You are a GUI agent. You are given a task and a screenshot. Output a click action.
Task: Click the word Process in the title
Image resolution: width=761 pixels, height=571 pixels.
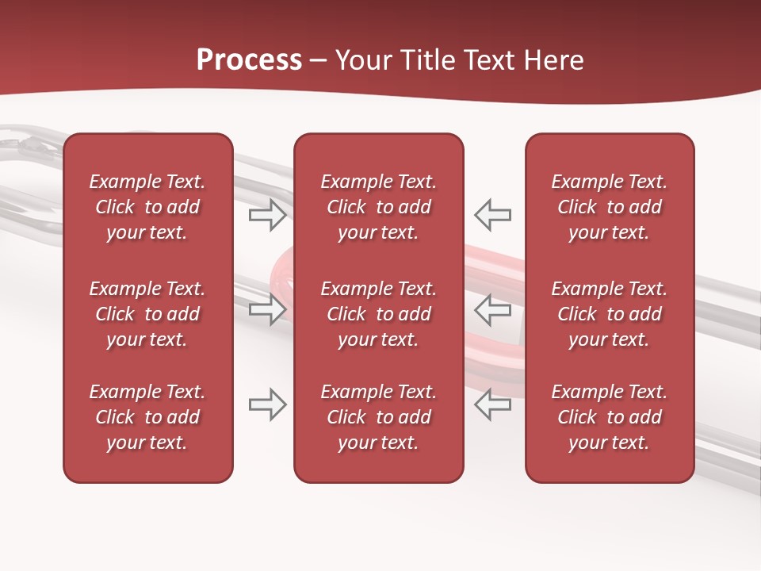tap(249, 60)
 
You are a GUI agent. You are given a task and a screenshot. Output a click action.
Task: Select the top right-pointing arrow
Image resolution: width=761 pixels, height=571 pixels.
tap(268, 215)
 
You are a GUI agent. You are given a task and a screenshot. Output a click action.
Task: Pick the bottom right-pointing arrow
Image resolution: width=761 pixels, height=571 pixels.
tap(268, 404)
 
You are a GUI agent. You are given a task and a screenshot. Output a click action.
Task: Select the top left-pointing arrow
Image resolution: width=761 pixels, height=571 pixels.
tap(493, 215)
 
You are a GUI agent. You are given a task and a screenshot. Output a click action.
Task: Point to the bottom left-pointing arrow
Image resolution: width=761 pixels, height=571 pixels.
tap(493, 404)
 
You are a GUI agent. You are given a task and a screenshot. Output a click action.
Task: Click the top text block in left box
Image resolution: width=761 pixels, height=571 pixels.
tap(147, 207)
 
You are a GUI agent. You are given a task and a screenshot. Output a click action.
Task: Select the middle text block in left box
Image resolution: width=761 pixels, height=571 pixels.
tap(147, 314)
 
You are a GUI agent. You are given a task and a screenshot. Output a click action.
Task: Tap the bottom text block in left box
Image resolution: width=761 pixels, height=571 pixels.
tap(147, 417)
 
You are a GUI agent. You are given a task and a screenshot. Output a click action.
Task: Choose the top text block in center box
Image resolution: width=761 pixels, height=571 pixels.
tap(379, 207)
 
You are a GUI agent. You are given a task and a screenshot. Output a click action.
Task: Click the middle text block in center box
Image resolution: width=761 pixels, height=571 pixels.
tap(379, 314)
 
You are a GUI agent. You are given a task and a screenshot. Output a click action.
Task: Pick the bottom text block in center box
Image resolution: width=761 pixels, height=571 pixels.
tap(379, 417)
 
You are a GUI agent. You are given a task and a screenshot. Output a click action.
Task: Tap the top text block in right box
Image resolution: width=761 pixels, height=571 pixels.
tap(610, 207)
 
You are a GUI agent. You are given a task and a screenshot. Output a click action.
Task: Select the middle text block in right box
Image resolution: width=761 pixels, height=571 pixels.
tap(610, 314)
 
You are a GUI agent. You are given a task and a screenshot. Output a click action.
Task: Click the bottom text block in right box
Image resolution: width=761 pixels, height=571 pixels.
tap(610, 417)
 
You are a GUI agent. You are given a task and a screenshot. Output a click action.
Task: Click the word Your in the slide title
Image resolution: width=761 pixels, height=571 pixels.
tap(364, 60)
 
